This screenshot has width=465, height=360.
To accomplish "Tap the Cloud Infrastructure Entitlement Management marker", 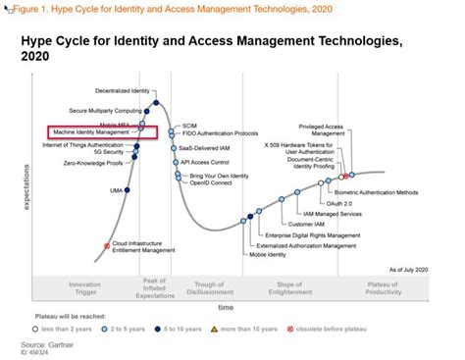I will (x=107, y=245).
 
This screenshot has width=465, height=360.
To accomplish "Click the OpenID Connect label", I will (x=210, y=180).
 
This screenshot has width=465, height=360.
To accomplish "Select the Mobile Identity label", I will (x=269, y=254).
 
